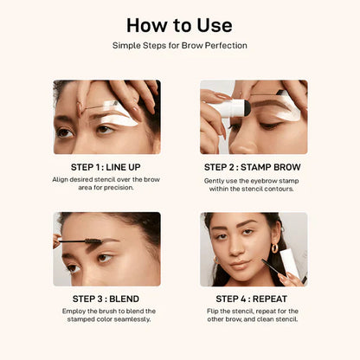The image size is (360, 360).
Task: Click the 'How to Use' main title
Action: pyautogui.click(x=179, y=24)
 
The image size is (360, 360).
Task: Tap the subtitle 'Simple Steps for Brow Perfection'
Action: pyautogui.click(x=179, y=44)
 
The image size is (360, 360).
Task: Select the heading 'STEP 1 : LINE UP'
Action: pyautogui.click(x=106, y=167)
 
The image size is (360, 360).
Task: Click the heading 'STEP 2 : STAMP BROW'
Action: pyautogui.click(x=254, y=167)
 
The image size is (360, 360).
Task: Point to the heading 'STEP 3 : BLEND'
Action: pyautogui.click(x=106, y=299)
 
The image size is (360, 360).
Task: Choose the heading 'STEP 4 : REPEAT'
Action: pyautogui.click(x=254, y=299)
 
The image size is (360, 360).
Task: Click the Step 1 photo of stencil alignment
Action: pyautogui.click(x=106, y=117)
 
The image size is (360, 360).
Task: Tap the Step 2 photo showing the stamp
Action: pyautogui.click(x=254, y=117)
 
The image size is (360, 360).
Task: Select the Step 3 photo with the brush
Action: pyautogui.click(x=106, y=249)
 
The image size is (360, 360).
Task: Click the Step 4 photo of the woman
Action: pyautogui.click(x=254, y=249)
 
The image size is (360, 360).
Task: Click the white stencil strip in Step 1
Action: pyautogui.click(x=130, y=111)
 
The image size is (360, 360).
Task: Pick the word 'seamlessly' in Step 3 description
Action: pyautogui.click(x=125, y=319)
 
